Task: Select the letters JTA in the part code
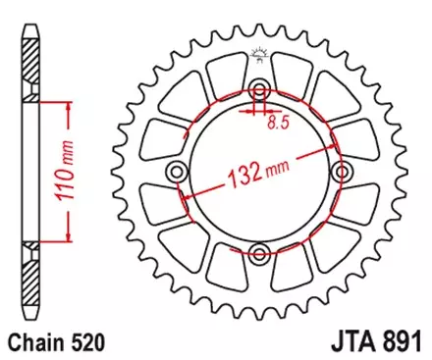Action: click(x=347, y=342)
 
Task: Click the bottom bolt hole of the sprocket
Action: click(x=259, y=253)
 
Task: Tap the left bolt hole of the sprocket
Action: click(x=177, y=171)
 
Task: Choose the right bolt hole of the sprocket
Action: click(x=342, y=171)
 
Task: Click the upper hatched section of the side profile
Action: click(x=32, y=69)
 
